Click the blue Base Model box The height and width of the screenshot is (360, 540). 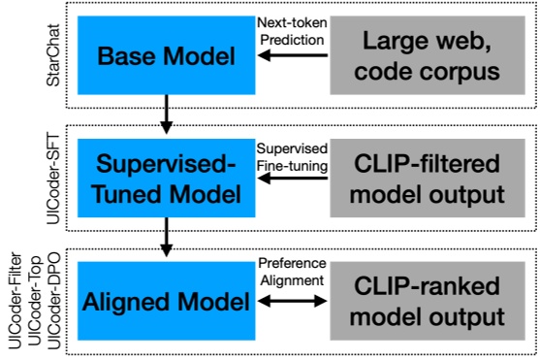click(x=167, y=57)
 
